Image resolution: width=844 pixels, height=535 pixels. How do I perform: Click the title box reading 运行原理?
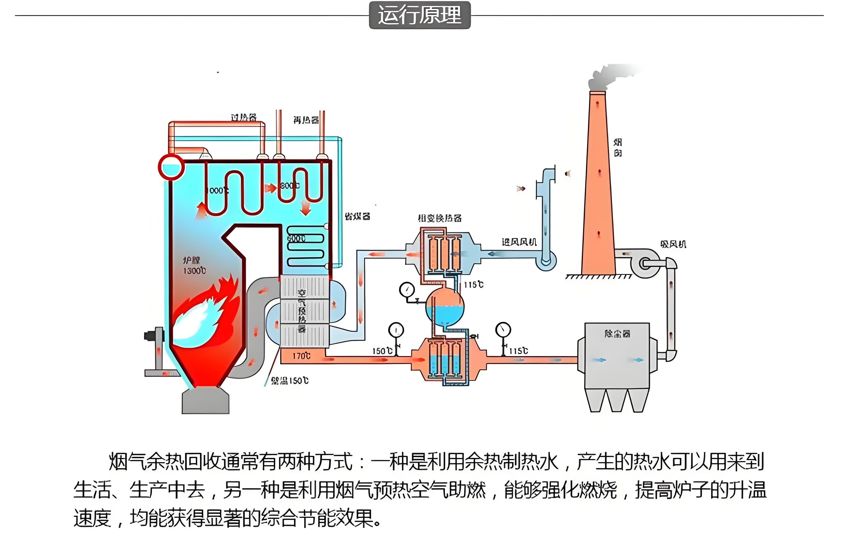point(420,15)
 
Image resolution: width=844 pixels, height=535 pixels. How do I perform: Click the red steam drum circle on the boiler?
point(171,167)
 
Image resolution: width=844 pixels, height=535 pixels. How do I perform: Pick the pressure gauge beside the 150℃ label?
point(396,330)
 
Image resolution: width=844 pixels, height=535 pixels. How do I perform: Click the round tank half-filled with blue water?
point(444,307)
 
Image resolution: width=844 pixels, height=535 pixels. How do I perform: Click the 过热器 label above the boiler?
point(244,117)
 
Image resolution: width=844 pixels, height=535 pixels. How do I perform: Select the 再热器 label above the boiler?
point(306,120)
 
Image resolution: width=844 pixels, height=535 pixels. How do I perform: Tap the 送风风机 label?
point(519,242)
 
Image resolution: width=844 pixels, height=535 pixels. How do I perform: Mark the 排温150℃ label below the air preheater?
point(290,381)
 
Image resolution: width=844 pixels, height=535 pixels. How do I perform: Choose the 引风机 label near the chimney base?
point(673,244)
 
